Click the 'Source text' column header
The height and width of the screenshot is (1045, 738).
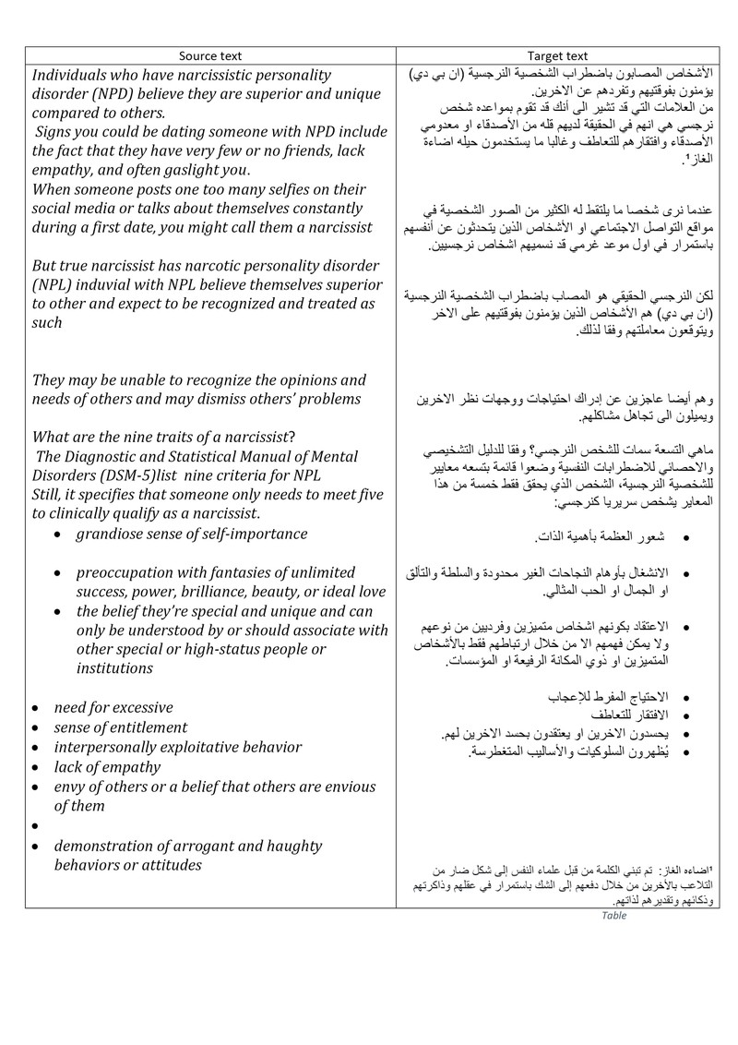coord(206,55)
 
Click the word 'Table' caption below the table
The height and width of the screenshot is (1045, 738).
coord(613,916)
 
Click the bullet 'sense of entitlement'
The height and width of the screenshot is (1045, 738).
coord(120,727)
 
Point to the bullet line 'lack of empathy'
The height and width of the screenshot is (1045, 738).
coord(106,766)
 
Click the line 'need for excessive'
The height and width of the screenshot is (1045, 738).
coord(113,708)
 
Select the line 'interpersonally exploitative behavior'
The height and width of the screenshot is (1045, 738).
coord(177,747)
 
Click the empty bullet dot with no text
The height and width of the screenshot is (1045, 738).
coord(34,826)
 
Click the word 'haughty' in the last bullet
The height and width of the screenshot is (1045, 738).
coord(291,845)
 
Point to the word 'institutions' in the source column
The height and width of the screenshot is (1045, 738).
coord(114,668)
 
